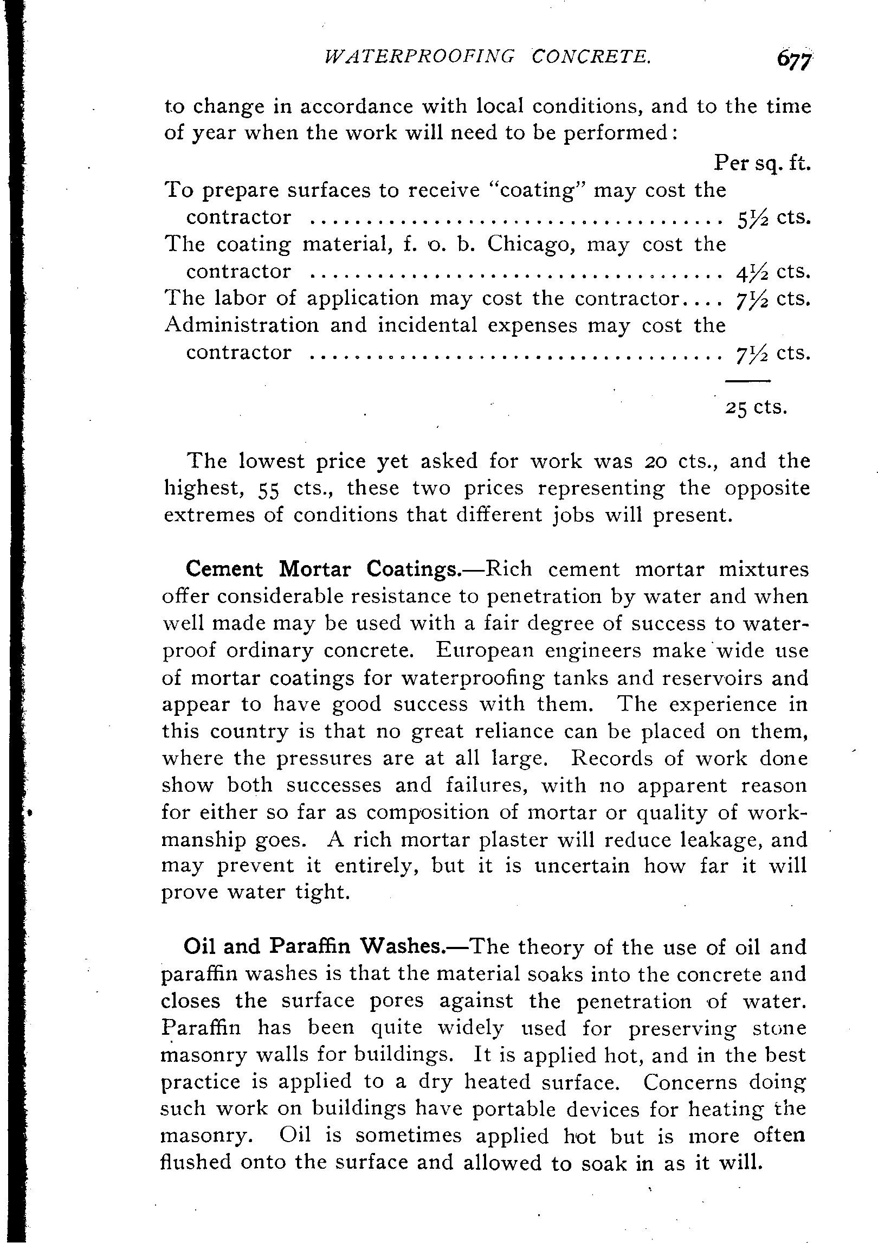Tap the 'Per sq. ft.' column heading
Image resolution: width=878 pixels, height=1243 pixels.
pyautogui.click(x=762, y=163)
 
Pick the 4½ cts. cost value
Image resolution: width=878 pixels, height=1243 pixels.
pyautogui.click(x=774, y=272)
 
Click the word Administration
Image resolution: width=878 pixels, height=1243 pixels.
pyautogui.click(x=242, y=325)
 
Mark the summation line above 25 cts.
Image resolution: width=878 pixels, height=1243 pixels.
pyautogui.click(x=748, y=381)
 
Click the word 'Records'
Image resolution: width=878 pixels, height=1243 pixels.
pyautogui.click(x=612, y=758)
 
